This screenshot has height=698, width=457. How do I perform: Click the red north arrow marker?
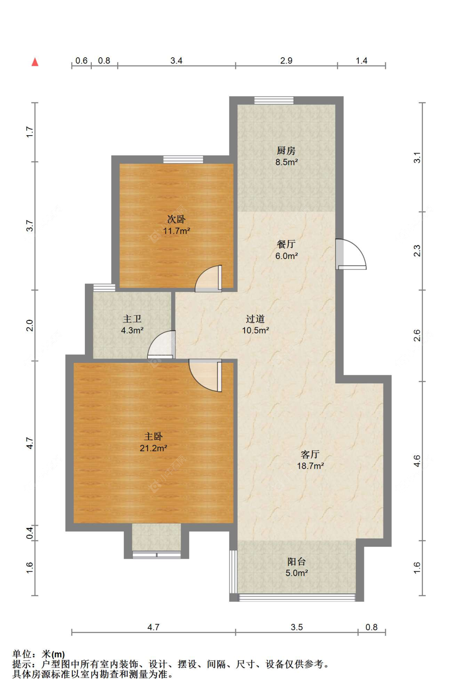coord(35,62)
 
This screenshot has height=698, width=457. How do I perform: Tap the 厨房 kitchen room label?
coord(286,151)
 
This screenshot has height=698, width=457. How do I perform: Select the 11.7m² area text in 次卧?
coord(176,231)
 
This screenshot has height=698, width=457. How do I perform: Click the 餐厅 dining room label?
coord(286,244)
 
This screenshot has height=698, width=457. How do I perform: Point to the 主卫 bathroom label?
coord(132,319)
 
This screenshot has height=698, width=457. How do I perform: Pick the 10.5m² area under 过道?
coord(255,331)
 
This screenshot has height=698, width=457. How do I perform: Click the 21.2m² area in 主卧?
coord(153,448)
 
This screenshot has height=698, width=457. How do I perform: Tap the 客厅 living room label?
coord(310,454)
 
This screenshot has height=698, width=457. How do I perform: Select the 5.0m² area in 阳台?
coord(297,573)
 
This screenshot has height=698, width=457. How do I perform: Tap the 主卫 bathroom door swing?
coord(162,345)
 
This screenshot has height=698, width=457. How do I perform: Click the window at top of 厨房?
coord(274,100)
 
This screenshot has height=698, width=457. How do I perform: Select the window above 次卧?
coord(183,159)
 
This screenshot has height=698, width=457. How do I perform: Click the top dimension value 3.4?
coord(176,61)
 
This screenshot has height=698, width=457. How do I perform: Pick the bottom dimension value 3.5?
coord(297,627)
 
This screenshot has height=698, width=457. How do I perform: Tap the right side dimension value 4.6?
coord(417,461)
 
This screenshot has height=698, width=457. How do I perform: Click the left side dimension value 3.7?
coord(29,226)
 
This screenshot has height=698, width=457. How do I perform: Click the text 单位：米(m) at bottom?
coord(39,654)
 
